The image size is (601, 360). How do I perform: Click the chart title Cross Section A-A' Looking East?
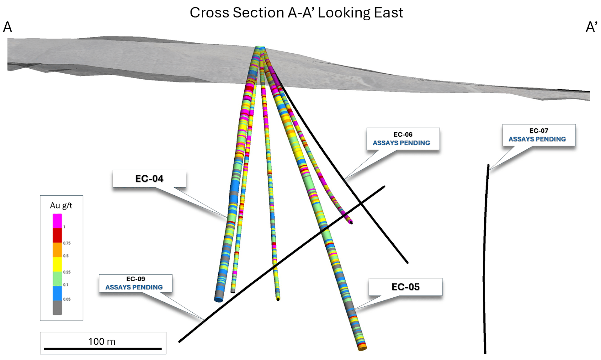pyautogui.click(x=296, y=13)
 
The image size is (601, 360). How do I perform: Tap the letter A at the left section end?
pyautogui.click(x=8, y=27)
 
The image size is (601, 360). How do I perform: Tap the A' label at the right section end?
pyautogui.click(x=591, y=27)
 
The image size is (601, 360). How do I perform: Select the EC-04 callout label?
pyautogui.click(x=149, y=179)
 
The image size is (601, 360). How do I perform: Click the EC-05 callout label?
pyautogui.click(x=405, y=287)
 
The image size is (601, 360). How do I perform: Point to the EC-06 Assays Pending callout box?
pyautogui.click(x=403, y=139)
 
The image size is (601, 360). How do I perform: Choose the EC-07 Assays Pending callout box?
pyautogui.click(x=539, y=135)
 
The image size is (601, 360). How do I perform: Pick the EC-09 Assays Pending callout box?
pyautogui.click(x=136, y=283)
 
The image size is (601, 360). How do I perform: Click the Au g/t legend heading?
pyautogui.click(x=61, y=206)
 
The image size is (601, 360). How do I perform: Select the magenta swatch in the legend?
pyautogui.click(x=57, y=221)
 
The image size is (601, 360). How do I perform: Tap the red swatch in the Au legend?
pyautogui.click(x=57, y=235)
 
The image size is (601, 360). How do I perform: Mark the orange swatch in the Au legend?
pyautogui.click(x=57, y=250)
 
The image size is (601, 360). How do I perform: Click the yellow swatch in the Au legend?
pyautogui.click(x=57, y=264)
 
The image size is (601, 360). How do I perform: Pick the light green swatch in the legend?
pyautogui.click(x=57, y=279)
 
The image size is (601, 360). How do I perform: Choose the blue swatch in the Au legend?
pyautogui.click(x=57, y=293)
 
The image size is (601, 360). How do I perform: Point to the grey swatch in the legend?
pyautogui.click(x=57, y=308)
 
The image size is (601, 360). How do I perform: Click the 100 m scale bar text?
pyautogui.click(x=102, y=342)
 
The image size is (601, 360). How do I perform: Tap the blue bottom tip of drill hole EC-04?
pyautogui.click(x=219, y=299)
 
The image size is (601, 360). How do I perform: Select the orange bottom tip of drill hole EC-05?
pyautogui.click(x=362, y=348)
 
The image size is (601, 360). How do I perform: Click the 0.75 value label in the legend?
pyautogui.click(x=67, y=243)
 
